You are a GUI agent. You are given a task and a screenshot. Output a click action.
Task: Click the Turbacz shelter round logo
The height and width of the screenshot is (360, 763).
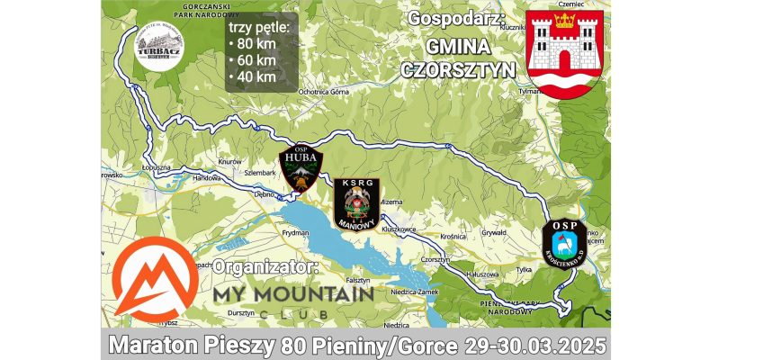158,44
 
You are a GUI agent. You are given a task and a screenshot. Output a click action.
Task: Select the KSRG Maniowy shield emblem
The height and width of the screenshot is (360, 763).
356,203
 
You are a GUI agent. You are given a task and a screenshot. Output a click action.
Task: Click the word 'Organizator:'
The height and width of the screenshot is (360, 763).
266,268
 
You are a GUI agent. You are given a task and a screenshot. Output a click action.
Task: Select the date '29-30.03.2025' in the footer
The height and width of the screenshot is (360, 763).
534,346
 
